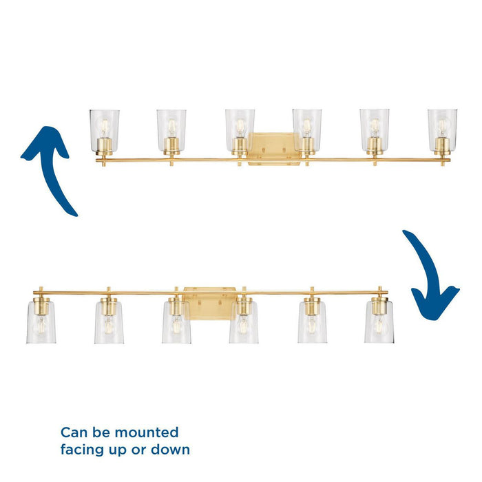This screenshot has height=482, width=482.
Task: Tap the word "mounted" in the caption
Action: (x=146, y=432)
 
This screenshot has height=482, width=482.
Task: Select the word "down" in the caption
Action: (x=170, y=450)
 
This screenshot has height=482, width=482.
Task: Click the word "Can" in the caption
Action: (x=74, y=432)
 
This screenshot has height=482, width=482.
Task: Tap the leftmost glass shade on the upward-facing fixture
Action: (x=105, y=131)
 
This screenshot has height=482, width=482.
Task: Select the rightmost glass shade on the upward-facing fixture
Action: (x=442, y=130)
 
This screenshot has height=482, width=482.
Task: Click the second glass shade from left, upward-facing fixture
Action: (x=171, y=131)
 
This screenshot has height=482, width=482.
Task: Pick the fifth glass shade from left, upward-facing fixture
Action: (x=375, y=130)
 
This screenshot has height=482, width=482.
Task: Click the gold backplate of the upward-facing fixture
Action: (x=275, y=149)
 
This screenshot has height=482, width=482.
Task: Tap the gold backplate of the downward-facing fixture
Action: (x=210, y=304)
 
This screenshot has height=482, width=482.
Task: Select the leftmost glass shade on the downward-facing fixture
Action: (x=41, y=322)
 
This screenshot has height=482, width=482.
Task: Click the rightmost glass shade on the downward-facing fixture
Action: (x=379, y=322)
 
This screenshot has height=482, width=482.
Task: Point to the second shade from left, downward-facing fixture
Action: (x=109, y=322)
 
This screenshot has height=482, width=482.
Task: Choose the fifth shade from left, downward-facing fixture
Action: (x=312, y=322)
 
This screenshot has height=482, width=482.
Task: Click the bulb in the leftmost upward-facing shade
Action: (x=105, y=127)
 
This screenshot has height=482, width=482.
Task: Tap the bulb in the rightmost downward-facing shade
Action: (x=379, y=325)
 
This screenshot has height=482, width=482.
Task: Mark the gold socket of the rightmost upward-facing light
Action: (x=442, y=146)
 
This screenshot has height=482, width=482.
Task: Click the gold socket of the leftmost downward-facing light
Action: (x=41, y=306)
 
